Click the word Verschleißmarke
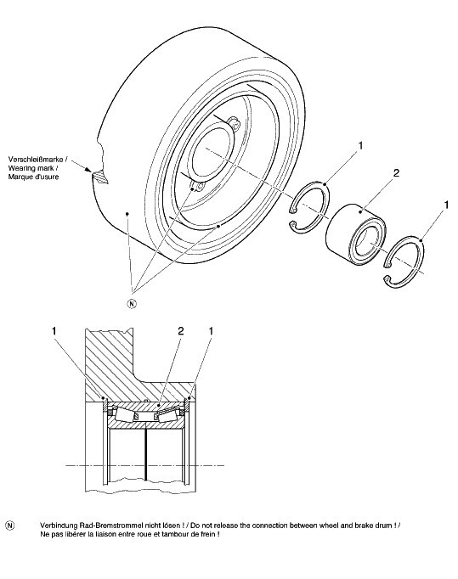click(36, 160)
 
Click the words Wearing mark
click(31, 168)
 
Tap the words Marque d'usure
click(33, 177)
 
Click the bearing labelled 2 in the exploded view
click(356, 233)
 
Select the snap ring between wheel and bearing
click(309, 207)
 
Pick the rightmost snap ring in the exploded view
click(404, 261)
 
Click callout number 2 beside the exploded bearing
click(396, 173)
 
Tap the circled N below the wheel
click(132, 304)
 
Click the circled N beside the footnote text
click(10, 526)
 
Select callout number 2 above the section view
click(181, 331)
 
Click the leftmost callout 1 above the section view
click(54, 331)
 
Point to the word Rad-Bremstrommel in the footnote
click(112, 526)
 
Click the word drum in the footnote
click(385, 526)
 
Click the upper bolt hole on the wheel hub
click(234, 123)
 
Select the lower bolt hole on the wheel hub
click(198, 187)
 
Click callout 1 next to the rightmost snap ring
click(446, 205)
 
